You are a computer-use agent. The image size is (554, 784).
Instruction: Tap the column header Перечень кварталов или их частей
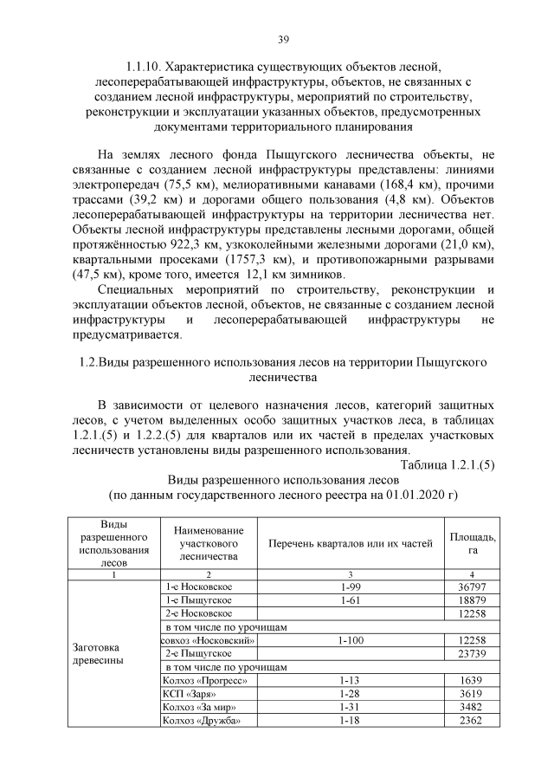(x=350, y=544)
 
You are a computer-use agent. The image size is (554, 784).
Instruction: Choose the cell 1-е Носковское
(x=198, y=586)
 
